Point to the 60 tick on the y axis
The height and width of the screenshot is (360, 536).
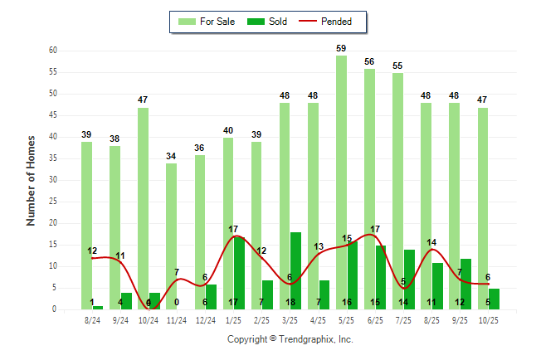pos(52,51)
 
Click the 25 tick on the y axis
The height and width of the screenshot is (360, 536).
pos(52,202)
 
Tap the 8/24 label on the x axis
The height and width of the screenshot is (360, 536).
pos(92,319)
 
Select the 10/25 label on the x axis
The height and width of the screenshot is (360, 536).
pos(488,319)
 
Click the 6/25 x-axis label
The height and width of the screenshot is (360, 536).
pos(375,319)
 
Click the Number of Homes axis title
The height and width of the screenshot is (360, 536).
pos(31,180)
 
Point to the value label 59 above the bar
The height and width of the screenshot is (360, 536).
pos(341,48)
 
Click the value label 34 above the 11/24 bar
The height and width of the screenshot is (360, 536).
pos(171,156)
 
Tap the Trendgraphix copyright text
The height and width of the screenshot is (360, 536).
pos(290,339)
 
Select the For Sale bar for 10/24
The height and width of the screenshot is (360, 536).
pos(143,208)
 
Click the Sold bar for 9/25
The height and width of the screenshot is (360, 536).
pos(466,284)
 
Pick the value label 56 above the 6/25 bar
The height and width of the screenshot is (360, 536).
pos(369,61)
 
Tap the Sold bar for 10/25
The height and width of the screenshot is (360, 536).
pos(495,299)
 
